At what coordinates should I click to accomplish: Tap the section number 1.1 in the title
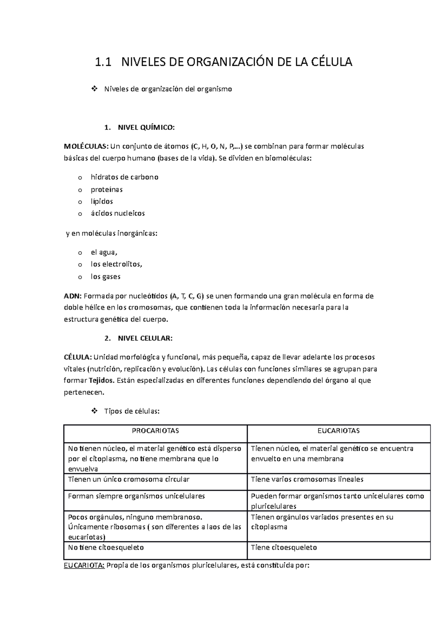tap(103, 62)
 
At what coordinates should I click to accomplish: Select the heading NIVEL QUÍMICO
tap(146, 128)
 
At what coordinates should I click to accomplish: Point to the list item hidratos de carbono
tap(124, 177)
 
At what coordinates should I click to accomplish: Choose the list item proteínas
tap(107, 189)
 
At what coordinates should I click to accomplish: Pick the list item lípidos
tap(102, 201)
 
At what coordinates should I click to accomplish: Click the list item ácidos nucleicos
tap(118, 214)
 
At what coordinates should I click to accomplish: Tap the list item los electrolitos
tap(117, 264)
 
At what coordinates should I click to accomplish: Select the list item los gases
tap(105, 277)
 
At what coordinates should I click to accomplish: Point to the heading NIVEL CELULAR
tap(145, 338)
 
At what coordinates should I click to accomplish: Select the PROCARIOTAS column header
tap(156, 431)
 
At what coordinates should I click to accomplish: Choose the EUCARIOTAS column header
tap(339, 431)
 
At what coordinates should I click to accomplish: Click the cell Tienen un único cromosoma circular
tap(129, 479)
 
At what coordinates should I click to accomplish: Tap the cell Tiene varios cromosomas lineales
tap(307, 479)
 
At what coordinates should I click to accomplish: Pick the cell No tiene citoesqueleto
tap(106, 548)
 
